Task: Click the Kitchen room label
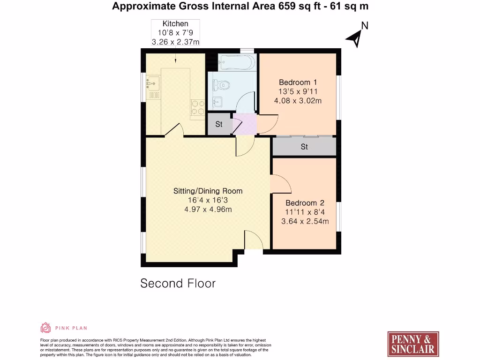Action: (x=175, y=23)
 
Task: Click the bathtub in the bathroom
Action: (x=237, y=61)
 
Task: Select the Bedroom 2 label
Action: (x=305, y=203)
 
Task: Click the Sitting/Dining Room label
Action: (x=208, y=191)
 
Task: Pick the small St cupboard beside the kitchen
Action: (x=219, y=125)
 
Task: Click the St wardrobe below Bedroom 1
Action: (x=304, y=147)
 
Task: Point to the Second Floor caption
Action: (x=178, y=283)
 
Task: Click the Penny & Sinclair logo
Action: (x=413, y=344)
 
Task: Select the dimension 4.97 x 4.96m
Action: (x=208, y=210)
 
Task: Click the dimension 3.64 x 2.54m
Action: (x=305, y=222)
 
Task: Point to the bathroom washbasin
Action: (x=217, y=101)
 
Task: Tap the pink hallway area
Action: (x=245, y=124)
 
